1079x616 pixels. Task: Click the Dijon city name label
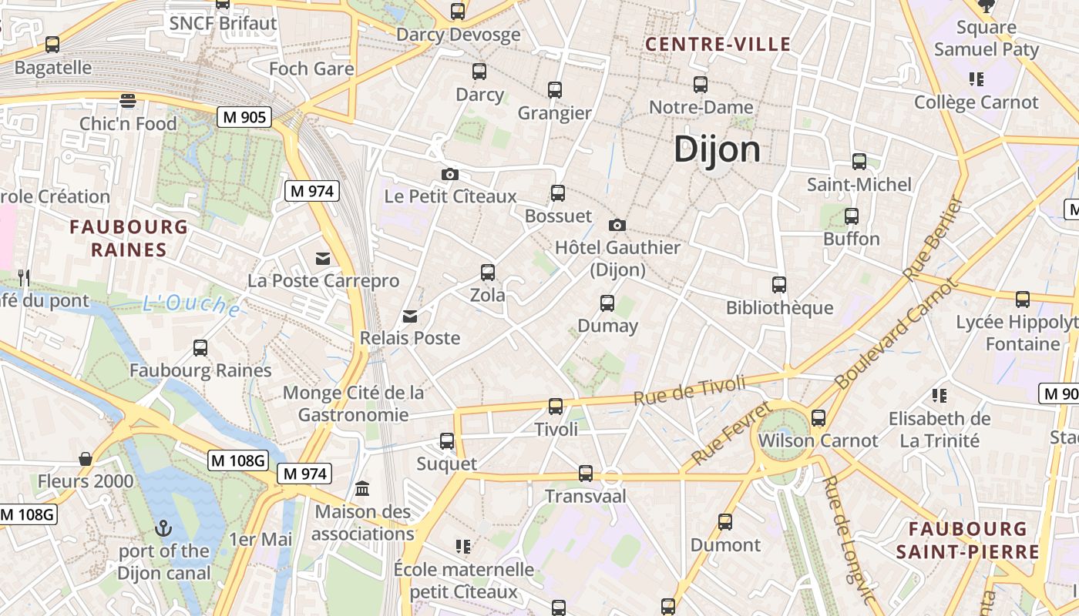(717, 149)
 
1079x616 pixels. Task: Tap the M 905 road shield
(245, 117)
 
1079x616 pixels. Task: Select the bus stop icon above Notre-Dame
(700, 85)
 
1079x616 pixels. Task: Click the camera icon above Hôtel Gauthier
(617, 225)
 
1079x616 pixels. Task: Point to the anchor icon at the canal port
(163, 528)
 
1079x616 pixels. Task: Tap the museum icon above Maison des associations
(362, 489)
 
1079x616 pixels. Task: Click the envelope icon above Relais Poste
(410, 316)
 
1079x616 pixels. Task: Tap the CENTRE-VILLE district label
(718, 44)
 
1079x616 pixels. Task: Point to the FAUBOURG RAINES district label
(129, 238)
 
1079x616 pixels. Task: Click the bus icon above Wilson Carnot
(818, 418)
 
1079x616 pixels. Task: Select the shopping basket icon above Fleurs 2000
(86, 459)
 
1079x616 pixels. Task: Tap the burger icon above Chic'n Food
(128, 100)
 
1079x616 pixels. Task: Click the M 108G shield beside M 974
(238, 460)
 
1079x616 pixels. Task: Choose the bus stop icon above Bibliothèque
(779, 285)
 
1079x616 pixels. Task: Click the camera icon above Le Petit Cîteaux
(450, 175)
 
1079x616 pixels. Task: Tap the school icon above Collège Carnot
(976, 79)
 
